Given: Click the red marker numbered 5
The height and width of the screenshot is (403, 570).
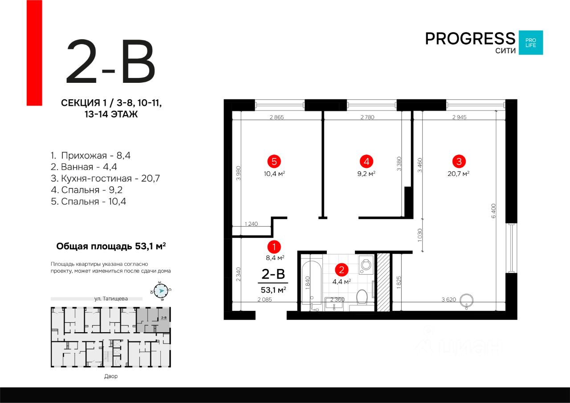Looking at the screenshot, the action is pos(274,162).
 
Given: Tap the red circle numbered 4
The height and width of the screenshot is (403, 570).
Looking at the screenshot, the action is pos(366,162).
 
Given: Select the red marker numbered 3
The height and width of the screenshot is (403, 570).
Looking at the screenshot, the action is pos(459,162).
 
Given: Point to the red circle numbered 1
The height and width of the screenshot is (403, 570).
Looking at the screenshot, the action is pos(274,247).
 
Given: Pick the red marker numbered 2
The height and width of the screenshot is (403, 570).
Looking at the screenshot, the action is pos(342,270).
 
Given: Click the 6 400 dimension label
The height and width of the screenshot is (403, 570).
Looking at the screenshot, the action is pos(493,211).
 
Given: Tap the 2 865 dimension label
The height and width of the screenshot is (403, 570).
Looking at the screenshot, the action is pos(277,117).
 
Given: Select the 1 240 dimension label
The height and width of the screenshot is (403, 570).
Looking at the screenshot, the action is pos(251,224).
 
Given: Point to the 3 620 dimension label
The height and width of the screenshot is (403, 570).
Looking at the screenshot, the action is pos(449,300).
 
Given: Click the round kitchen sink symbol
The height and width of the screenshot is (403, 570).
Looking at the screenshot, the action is pos(466,301).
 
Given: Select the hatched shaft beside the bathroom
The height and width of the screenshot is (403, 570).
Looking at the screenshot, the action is pos(383,282).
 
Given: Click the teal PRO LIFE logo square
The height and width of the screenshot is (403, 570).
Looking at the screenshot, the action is pos(531,42).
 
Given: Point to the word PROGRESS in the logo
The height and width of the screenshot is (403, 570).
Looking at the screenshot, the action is pos(470,39).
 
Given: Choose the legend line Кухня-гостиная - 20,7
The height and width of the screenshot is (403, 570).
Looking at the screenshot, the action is pos(106,179).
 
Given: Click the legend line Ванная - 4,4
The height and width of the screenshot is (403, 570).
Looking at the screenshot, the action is pos(84,167).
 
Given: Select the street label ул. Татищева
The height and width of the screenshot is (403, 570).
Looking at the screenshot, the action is pos(111,299).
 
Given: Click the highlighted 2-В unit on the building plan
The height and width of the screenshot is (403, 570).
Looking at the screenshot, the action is pos(154,320).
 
